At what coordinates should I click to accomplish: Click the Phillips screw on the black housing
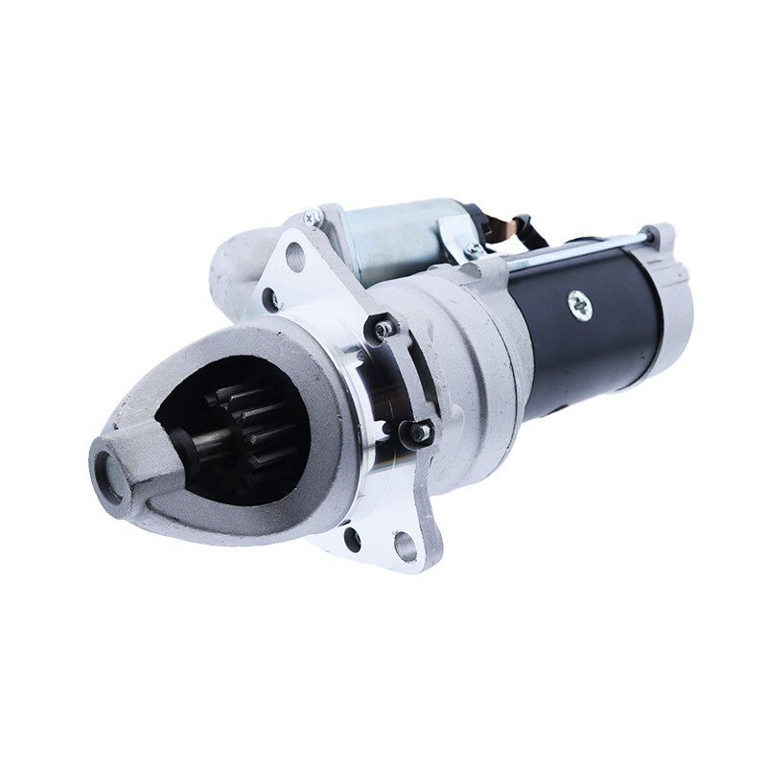point(582,306)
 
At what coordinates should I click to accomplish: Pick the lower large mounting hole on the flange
point(405,547)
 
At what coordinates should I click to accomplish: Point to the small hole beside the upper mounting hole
point(271,300)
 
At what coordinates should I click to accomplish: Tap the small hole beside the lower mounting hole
point(353,539)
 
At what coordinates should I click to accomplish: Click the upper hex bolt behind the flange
point(385,329)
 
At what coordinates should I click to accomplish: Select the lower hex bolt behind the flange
point(420,432)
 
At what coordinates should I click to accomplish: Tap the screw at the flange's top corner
point(312,218)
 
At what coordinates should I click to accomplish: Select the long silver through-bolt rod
point(575,249)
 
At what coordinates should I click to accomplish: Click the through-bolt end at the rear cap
point(651,233)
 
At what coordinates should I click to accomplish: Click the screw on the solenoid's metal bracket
point(471,251)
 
